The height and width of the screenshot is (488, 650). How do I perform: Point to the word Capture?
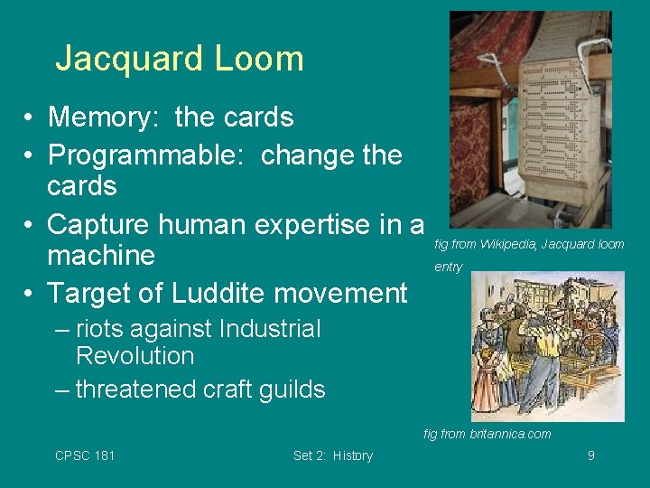(x=98, y=224)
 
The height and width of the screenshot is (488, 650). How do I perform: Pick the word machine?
(x=101, y=256)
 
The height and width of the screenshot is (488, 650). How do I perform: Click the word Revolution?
(x=135, y=356)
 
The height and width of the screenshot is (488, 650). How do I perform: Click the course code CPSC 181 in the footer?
(x=85, y=455)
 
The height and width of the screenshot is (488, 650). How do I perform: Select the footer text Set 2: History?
(x=332, y=455)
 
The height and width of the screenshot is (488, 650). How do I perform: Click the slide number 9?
(x=590, y=455)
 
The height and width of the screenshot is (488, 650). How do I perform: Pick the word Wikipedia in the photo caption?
(x=507, y=244)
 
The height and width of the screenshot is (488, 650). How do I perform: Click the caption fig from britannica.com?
(x=487, y=434)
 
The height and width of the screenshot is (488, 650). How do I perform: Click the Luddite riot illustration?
(x=547, y=346)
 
